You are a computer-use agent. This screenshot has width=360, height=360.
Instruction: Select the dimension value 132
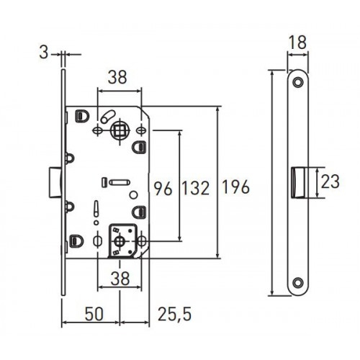196,188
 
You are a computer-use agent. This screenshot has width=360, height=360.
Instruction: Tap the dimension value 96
163,189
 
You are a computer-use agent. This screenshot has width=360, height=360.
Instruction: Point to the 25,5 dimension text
175,314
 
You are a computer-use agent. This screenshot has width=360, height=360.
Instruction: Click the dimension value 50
94,314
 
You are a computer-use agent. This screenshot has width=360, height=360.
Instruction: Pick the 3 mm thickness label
44,53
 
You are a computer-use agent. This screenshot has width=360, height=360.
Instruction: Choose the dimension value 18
297,42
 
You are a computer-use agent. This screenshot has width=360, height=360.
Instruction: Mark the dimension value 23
330,181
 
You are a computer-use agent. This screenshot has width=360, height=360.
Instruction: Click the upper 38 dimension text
117,77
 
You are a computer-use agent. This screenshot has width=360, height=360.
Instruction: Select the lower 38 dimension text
120,279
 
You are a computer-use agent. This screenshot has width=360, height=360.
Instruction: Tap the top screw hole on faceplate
298,82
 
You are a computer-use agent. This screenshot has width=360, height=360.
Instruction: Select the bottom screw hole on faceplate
298,283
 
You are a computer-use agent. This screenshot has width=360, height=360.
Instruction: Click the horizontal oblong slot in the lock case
120,182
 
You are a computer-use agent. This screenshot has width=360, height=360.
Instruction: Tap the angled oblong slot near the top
108,116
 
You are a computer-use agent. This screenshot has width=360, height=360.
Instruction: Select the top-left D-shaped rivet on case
82,116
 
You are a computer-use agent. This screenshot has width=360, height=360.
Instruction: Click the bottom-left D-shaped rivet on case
77,240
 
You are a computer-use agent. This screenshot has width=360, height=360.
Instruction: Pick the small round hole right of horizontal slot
133,195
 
